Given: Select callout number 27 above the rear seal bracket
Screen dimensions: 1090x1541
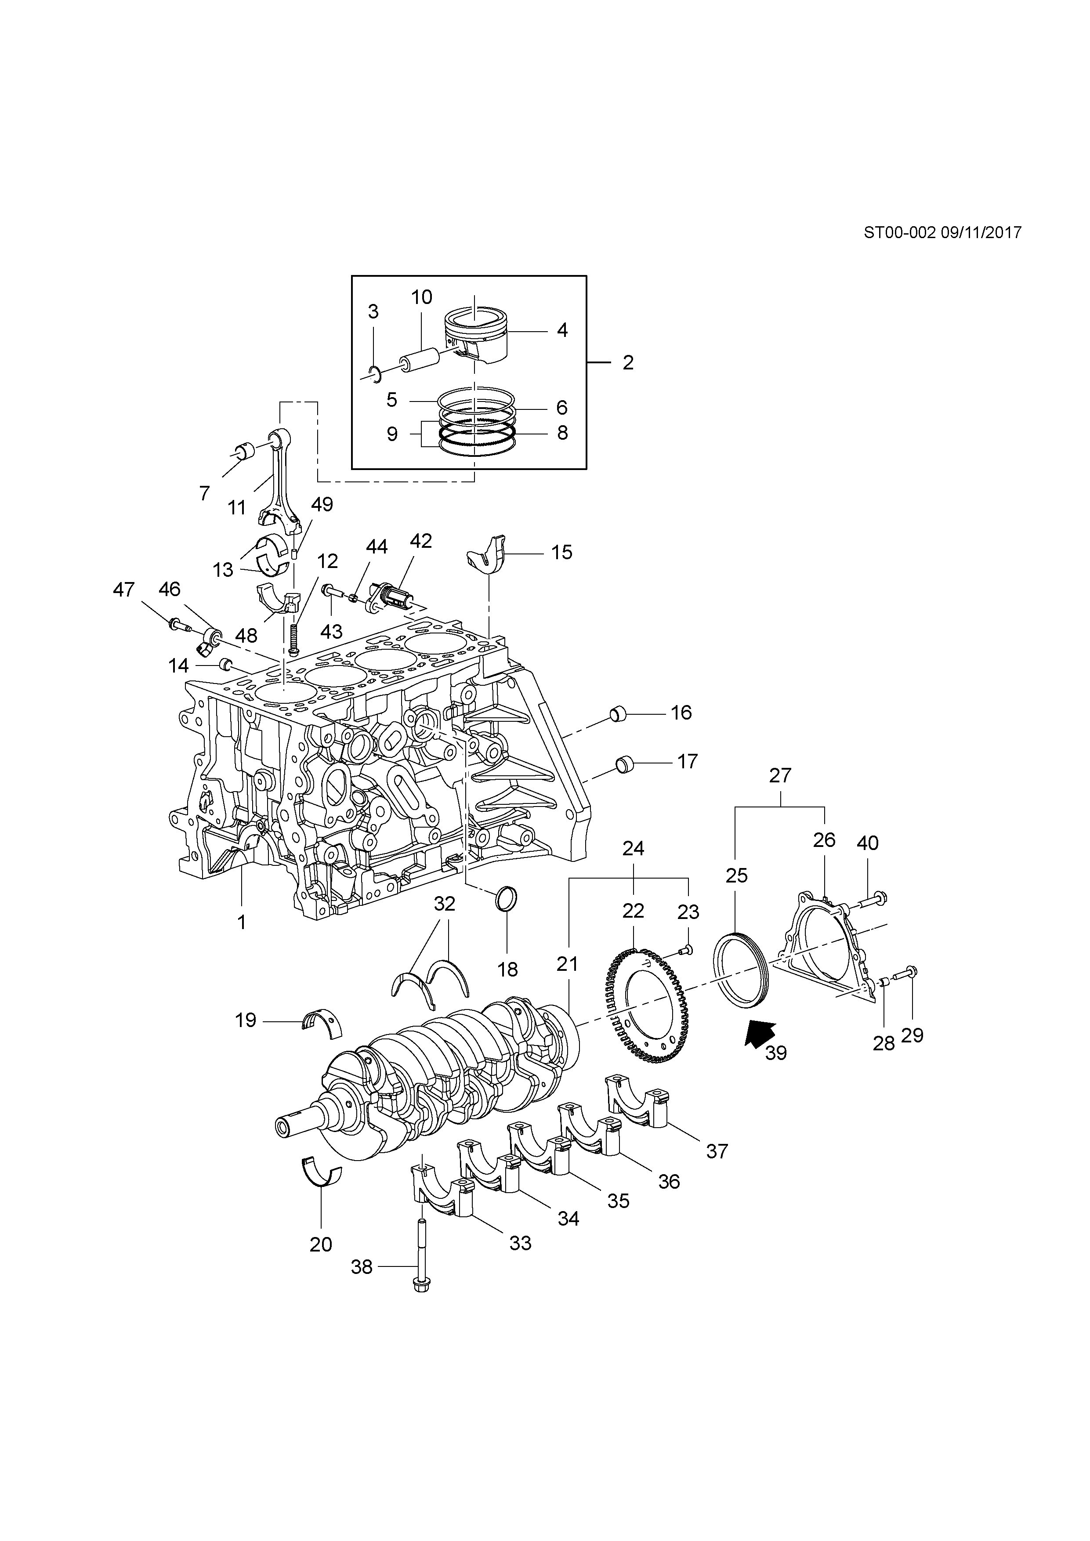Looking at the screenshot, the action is (x=781, y=775).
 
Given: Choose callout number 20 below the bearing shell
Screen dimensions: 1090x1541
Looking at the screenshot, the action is (x=321, y=1244).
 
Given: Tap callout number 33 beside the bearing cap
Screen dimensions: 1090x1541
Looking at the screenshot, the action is (x=520, y=1243).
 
